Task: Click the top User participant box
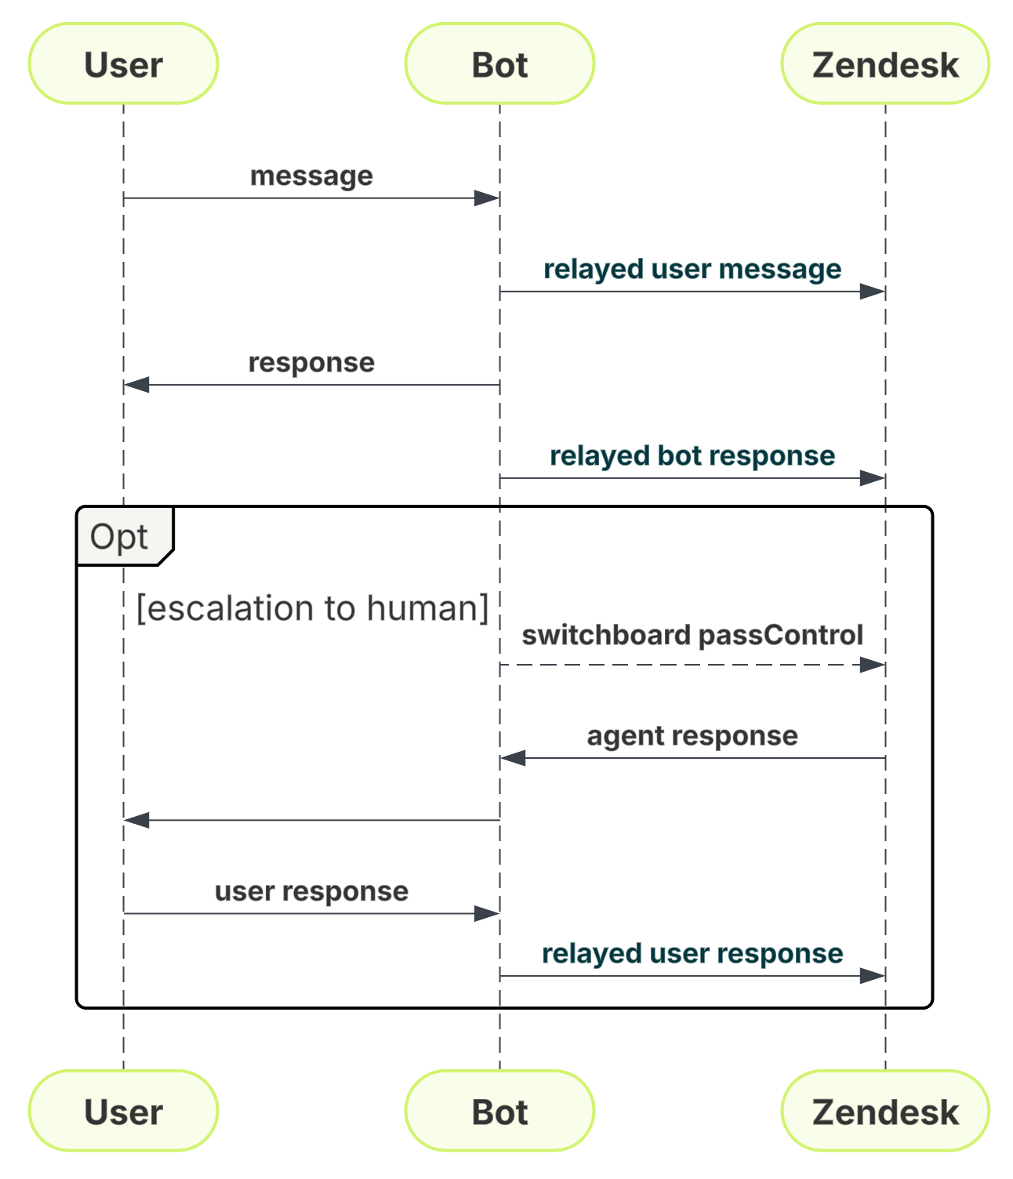pos(123,63)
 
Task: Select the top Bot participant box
pos(499,63)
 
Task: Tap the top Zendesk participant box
pos(885,63)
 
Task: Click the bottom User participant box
pos(123,1111)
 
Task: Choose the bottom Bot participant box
pos(499,1111)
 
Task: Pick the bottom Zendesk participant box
pos(885,1111)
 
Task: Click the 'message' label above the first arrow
pos(311,176)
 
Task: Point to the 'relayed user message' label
pos(692,269)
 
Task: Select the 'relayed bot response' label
pos(692,455)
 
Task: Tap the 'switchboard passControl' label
pos(692,635)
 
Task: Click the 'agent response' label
pos(692,735)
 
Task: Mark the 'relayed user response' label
pos(692,953)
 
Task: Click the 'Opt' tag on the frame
pos(119,537)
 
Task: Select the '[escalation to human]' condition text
pos(312,608)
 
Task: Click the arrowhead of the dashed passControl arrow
pos(873,665)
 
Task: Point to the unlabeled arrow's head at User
pos(136,820)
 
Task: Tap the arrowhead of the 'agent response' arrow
pos(513,758)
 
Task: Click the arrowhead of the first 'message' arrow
pos(487,198)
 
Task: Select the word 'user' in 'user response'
pos(244,891)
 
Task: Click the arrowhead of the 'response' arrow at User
pos(136,385)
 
